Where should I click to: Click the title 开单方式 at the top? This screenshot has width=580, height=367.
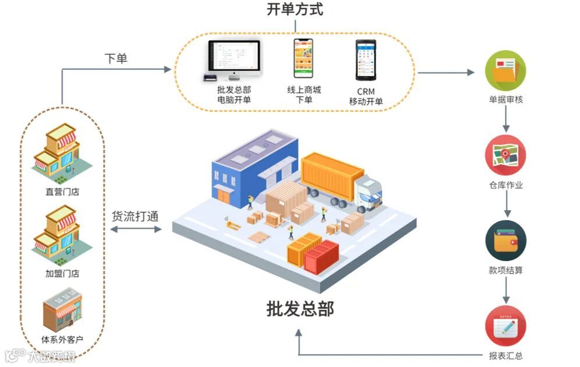[x=295, y=10]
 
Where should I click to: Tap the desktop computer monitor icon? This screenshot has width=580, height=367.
[x=234, y=59]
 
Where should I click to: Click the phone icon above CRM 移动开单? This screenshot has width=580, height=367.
[x=366, y=59]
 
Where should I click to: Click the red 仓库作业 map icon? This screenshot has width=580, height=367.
[x=505, y=156]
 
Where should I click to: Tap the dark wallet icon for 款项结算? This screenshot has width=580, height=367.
[x=505, y=241]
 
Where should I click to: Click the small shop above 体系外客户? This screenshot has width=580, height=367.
[x=62, y=312]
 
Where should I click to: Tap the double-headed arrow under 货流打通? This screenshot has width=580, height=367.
[x=136, y=230]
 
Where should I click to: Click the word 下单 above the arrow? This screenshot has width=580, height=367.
[x=116, y=58]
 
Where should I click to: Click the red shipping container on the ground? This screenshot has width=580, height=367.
[x=321, y=257]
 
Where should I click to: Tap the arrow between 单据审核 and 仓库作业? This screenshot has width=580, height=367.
[x=505, y=121]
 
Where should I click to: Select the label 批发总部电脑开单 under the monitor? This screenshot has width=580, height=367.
[x=234, y=94]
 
